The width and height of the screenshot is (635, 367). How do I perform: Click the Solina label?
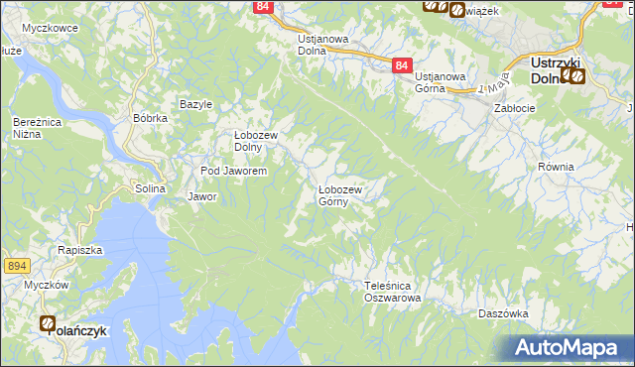(149, 188)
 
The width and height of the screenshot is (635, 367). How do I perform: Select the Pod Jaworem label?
(234, 171)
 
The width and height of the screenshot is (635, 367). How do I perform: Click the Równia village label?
(556, 167)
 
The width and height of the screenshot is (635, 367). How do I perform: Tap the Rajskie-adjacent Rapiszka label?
(80, 250)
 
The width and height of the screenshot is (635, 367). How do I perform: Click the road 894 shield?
(16, 266)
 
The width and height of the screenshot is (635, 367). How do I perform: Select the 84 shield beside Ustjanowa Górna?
(400, 65)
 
